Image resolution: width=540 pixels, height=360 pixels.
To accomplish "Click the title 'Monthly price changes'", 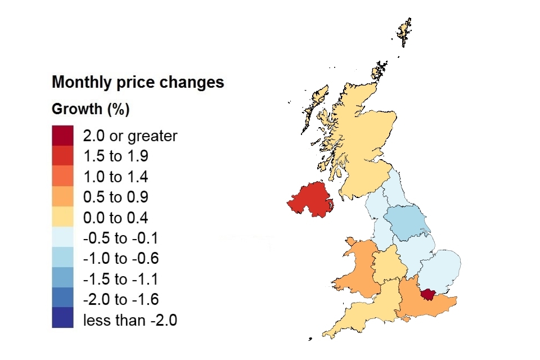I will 138,83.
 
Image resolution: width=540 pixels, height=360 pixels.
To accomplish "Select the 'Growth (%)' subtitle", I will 91,109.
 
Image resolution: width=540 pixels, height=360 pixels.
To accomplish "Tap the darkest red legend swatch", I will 62,136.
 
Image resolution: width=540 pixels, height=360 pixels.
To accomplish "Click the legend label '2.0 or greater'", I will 130,136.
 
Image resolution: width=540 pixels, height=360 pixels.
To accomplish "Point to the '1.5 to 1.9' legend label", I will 116,156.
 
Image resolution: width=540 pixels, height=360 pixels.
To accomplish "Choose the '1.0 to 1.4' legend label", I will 116,177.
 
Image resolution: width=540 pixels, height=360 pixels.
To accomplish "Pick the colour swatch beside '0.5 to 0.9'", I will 62,197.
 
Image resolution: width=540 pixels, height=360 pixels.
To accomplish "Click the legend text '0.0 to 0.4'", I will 116,218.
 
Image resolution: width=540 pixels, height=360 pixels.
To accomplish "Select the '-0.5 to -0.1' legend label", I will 120,238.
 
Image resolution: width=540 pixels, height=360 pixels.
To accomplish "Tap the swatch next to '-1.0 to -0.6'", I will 62,259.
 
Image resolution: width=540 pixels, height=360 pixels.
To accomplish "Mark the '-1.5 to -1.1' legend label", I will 120,280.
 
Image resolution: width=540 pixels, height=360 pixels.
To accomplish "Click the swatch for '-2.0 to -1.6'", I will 62,300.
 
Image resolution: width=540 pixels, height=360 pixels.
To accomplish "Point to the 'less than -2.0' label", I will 130,321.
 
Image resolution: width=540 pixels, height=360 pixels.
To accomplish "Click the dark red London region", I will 429,294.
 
